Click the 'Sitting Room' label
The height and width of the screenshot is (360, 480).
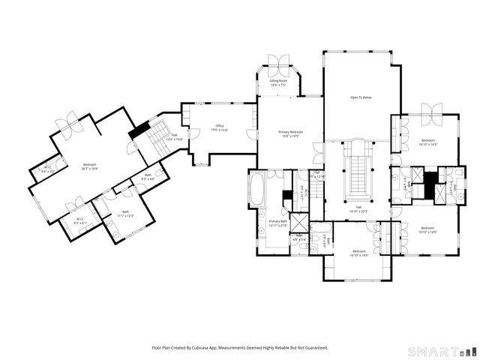click(279, 81)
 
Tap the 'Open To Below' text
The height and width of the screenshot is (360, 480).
click(361, 97)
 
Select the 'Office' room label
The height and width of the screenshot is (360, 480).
click(220, 127)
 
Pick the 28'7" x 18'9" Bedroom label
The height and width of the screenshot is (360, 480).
click(90, 166)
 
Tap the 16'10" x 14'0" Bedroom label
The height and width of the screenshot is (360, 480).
click(428, 229)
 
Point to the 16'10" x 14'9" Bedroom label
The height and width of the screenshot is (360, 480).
click(358, 253)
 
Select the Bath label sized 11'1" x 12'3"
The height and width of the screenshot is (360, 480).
click(125, 214)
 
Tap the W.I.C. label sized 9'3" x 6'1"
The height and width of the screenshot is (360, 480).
click(81, 221)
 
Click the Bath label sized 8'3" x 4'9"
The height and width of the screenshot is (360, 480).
click(148, 177)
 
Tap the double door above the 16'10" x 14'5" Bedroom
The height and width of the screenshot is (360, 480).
click(433, 112)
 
